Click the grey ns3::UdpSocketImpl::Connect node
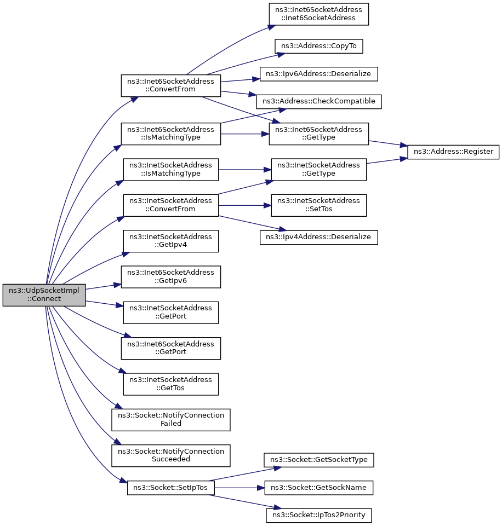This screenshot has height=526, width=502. (x=44, y=295)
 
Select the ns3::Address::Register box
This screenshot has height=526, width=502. (x=453, y=152)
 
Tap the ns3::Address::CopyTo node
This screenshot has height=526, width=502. (x=318, y=46)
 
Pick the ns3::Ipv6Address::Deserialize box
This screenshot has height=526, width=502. (x=318, y=74)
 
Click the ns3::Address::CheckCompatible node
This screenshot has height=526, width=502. (x=318, y=101)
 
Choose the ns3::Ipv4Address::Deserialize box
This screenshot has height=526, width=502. (x=318, y=237)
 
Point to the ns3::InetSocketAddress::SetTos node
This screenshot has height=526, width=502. (x=318, y=205)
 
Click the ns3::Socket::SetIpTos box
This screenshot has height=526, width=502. (x=170, y=488)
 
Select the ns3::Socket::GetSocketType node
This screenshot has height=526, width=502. (x=318, y=460)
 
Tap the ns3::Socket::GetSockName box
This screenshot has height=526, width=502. (x=318, y=488)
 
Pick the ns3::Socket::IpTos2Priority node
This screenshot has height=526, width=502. (x=318, y=515)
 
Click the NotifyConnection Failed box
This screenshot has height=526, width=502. (x=171, y=420)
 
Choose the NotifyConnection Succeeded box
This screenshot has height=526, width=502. (x=171, y=455)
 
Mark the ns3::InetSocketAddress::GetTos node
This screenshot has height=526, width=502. (x=171, y=384)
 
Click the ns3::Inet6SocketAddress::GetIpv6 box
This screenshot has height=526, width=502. (x=171, y=277)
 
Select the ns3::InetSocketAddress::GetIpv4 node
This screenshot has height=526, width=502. (x=171, y=241)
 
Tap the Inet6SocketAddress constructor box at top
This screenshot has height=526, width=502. (x=318, y=14)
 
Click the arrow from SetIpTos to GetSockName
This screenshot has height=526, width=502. (x=239, y=488)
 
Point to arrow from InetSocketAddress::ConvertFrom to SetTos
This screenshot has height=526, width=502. (x=245, y=205)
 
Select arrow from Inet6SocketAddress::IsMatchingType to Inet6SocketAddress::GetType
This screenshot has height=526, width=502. (x=245, y=134)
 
